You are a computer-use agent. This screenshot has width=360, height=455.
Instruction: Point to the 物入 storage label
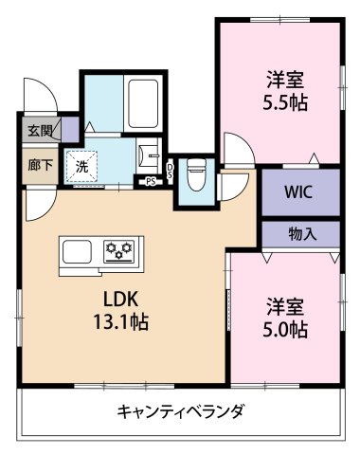tap(300, 233)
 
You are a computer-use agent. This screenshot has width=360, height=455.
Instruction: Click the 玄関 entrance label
tap(39, 130)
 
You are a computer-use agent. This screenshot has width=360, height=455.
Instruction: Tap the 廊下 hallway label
tap(39, 163)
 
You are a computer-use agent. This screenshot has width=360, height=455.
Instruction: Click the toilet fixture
tap(196, 173)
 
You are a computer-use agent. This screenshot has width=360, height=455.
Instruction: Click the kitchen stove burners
tap(119, 250)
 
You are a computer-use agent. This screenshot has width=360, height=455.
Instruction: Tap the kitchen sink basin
tap(77, 252)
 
